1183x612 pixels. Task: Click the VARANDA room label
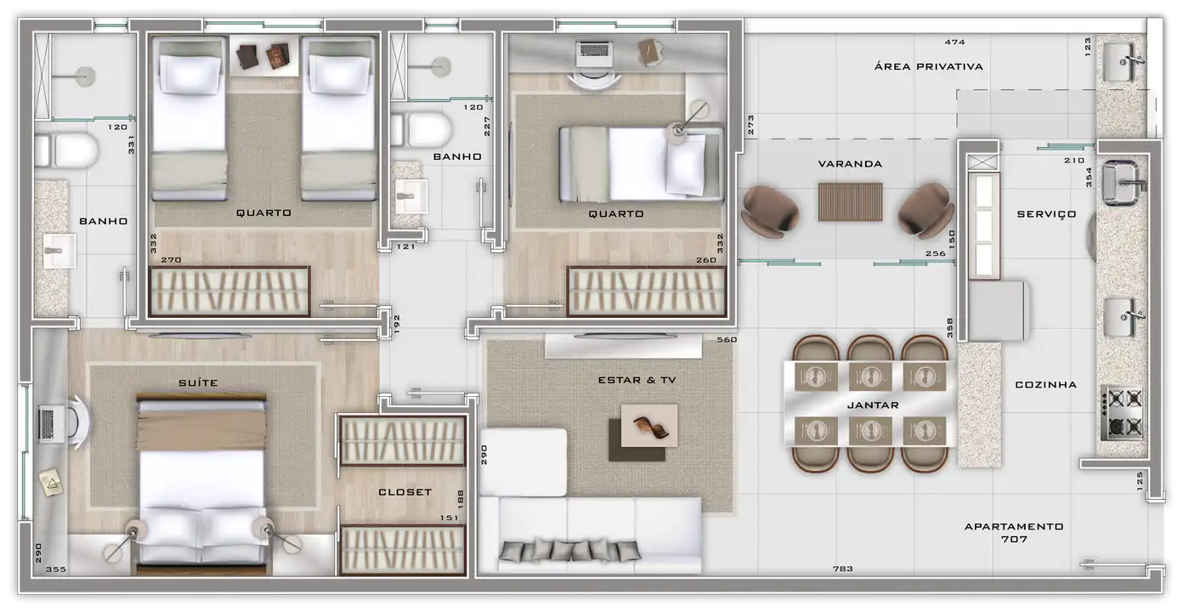850,164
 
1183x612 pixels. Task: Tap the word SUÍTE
198,382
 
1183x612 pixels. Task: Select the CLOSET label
405,492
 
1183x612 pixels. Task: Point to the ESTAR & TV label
637,380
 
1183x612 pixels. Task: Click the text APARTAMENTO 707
1014,533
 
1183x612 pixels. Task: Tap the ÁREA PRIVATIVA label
928,66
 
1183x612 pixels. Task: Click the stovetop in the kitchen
1122,413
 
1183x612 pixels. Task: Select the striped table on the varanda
850,201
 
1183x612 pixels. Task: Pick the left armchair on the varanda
769,211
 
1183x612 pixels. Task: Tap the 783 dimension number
843,569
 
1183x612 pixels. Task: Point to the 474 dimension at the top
955,42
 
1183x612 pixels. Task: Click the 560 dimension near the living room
727,339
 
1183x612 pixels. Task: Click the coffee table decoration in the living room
650,426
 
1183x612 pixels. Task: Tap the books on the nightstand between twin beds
263,56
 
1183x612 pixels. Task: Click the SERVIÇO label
1046,214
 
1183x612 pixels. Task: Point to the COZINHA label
1045,384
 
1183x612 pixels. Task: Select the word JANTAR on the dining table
873,405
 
